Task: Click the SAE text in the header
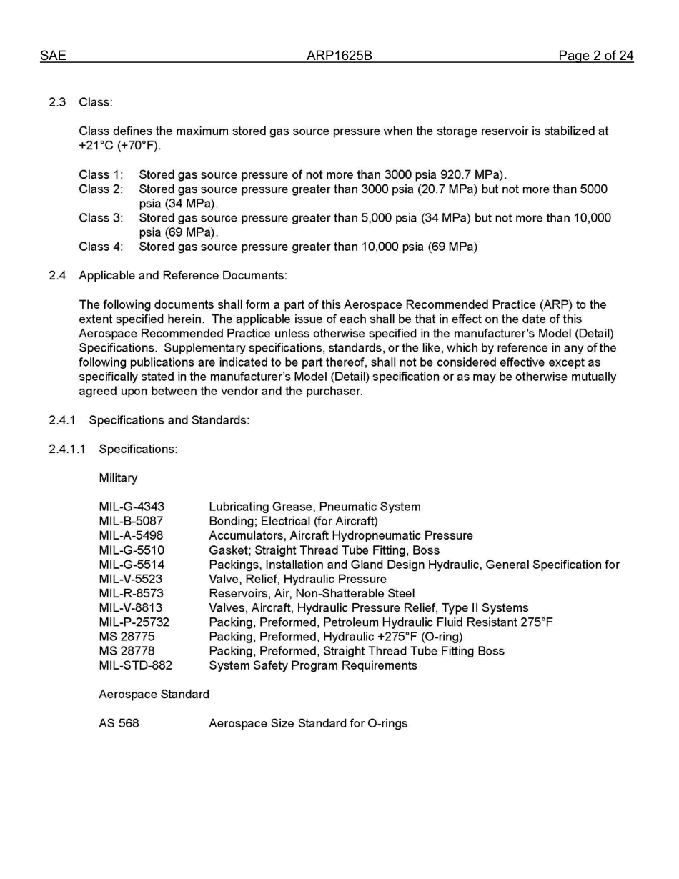[x=53, y=56]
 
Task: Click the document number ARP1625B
[x=339, y=56]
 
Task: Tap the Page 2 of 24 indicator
[x=595, y=56]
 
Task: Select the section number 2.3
[x=57, y=102]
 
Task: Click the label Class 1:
[x=101, y=174]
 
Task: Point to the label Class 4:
[x=101, y=247]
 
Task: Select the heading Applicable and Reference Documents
[x=182, y=276]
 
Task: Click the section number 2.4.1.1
[x=67, y=449]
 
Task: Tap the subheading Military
[x=118, y=477]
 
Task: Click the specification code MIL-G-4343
[x=132, y=507]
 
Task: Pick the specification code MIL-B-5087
[x=131, y=521]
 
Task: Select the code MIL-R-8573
[x=131, y=593]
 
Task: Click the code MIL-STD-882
[x=135, y=665]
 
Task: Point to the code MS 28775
[x=127, y=636]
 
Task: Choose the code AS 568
[x=119, y=723]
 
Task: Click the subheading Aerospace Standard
[x=154, y=694]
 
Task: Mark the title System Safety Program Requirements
[x=312, y=665]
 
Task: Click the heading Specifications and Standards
[x=169, y=420]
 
